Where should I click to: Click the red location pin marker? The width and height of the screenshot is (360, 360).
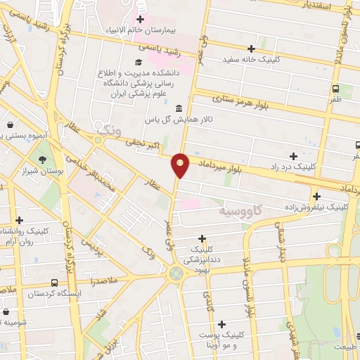(x=181, y=165)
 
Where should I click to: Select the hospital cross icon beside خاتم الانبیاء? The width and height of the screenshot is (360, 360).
(x=141, y=19)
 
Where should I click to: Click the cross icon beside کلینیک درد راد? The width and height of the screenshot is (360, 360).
(x=292, y=155)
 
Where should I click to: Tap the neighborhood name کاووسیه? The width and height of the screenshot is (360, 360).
(x=241, y=210)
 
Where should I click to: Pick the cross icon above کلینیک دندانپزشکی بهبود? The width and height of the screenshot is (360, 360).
(x=202, y=238)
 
